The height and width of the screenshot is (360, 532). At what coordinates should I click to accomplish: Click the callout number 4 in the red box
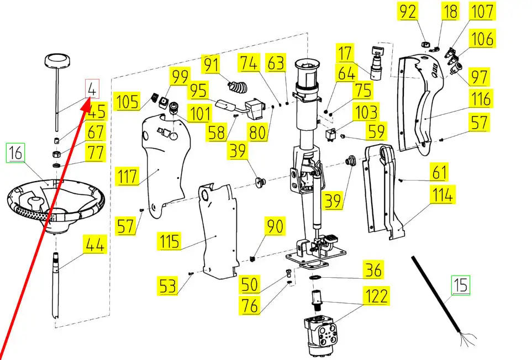click(x=92, y=89)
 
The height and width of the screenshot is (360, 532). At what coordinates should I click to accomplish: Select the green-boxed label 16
click(x=15, y=152)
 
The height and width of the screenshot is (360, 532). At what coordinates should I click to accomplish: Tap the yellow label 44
click(x=95, y=244)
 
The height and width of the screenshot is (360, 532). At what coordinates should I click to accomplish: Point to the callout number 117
click(x=127, y=176)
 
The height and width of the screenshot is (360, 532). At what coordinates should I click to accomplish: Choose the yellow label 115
click(x=169, y=241)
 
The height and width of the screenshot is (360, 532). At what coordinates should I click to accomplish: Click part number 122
click(x=376, y=296)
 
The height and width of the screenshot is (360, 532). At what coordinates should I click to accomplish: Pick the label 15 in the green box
click(x=460, y=285)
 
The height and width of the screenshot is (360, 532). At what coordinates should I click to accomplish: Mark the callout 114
click(x=443, y=194)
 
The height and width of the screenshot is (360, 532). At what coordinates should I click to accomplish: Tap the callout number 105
click(x=127, y=101)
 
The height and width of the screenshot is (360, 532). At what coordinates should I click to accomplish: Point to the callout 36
click(x=373, y=270)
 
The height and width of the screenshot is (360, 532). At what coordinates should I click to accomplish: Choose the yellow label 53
click(x=167, y=286)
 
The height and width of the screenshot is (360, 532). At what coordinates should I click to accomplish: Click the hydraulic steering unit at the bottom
click(x=320, y=334)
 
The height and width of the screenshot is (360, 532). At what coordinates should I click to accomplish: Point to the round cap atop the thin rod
click(x=57, y=61)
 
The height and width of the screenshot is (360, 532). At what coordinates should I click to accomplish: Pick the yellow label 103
click(x=366, y=112)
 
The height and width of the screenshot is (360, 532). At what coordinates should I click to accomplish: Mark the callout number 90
click(x=275, y=226)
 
